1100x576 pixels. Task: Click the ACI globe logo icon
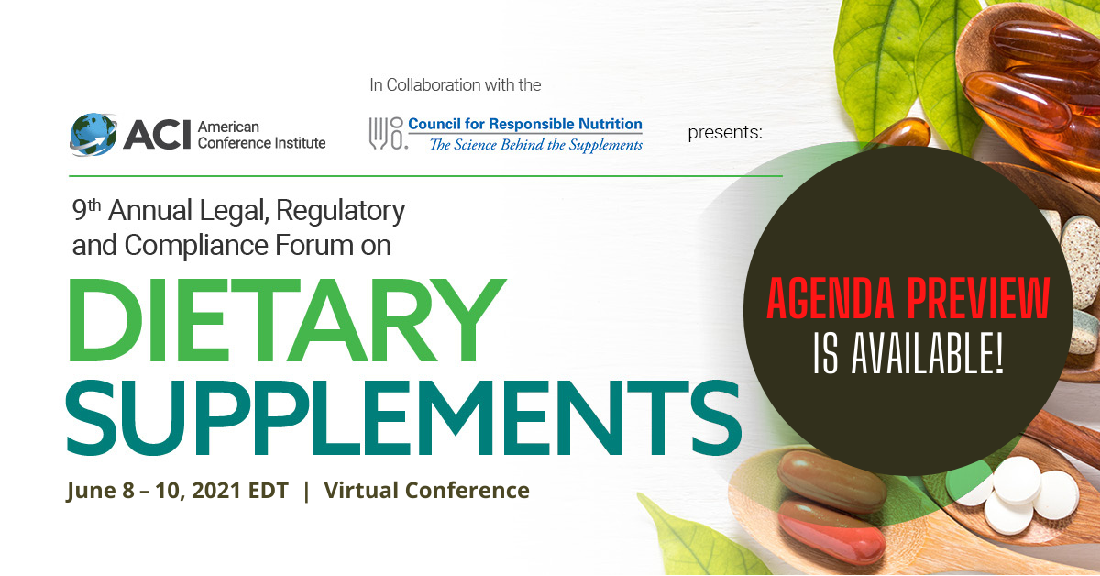pos(93,134)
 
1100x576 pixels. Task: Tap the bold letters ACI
pos(157,135)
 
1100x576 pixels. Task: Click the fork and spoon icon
pos(387,133)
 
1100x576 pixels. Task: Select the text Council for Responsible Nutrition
pos(525,124)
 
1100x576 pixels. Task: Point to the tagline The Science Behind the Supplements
pos(535,145)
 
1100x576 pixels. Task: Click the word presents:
pos(725,133)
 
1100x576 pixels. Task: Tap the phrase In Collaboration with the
pos(456,85)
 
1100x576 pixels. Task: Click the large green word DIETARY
pos(286,320)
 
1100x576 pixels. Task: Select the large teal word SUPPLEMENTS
pos(403,417)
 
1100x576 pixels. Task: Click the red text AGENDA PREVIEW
pos(908,298)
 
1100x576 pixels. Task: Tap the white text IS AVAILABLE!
pos(908,353)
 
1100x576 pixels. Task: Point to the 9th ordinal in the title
pos(86,210)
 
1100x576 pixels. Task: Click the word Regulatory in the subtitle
pos(340,212)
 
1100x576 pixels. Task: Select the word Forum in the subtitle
pos(314,245)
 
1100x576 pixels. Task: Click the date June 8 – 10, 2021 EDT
pos(177,491)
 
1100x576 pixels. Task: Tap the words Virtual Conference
pos(427,490)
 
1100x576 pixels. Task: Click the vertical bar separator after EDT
pos(307,491)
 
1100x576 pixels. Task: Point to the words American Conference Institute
pos(262,135)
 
